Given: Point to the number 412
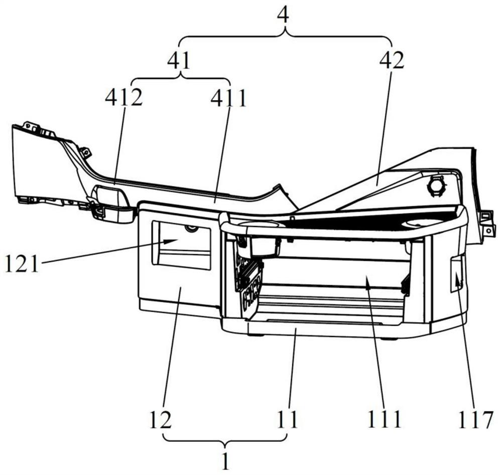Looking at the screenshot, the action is pos(123,97).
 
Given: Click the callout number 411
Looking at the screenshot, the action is pos(228,97).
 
